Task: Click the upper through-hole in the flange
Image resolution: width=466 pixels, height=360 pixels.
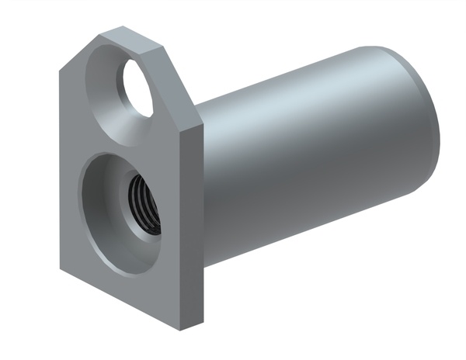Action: (x=137, y=88)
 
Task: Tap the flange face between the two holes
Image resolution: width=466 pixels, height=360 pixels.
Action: (x=116, y=140)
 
